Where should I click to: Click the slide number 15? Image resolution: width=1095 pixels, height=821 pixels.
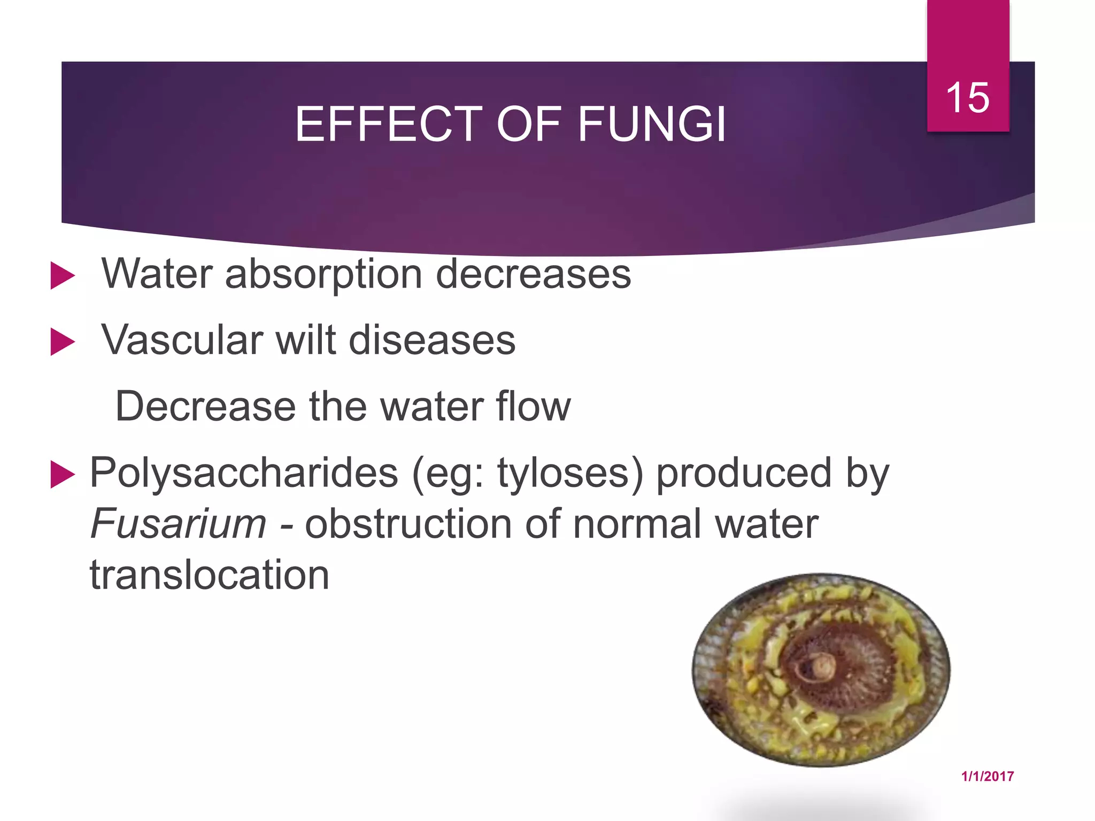[x=967, y=98]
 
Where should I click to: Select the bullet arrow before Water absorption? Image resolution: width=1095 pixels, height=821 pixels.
[x=62, y=276]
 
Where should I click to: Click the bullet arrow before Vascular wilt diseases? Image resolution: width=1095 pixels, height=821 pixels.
[x=62, y=342]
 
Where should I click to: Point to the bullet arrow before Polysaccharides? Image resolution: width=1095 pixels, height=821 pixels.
[x=62, y=475]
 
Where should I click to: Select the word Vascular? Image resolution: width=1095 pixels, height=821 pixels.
[x=182, y=340]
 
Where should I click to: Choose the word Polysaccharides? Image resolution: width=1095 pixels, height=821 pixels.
[x=244, y=474]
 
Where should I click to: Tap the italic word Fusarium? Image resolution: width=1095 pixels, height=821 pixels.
[x=178, y=524]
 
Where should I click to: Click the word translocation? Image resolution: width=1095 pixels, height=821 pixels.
[x=210, y=575]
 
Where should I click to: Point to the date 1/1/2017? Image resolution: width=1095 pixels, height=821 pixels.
[x=987, y=776]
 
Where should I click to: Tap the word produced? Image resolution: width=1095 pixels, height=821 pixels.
[x=744, y=474]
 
